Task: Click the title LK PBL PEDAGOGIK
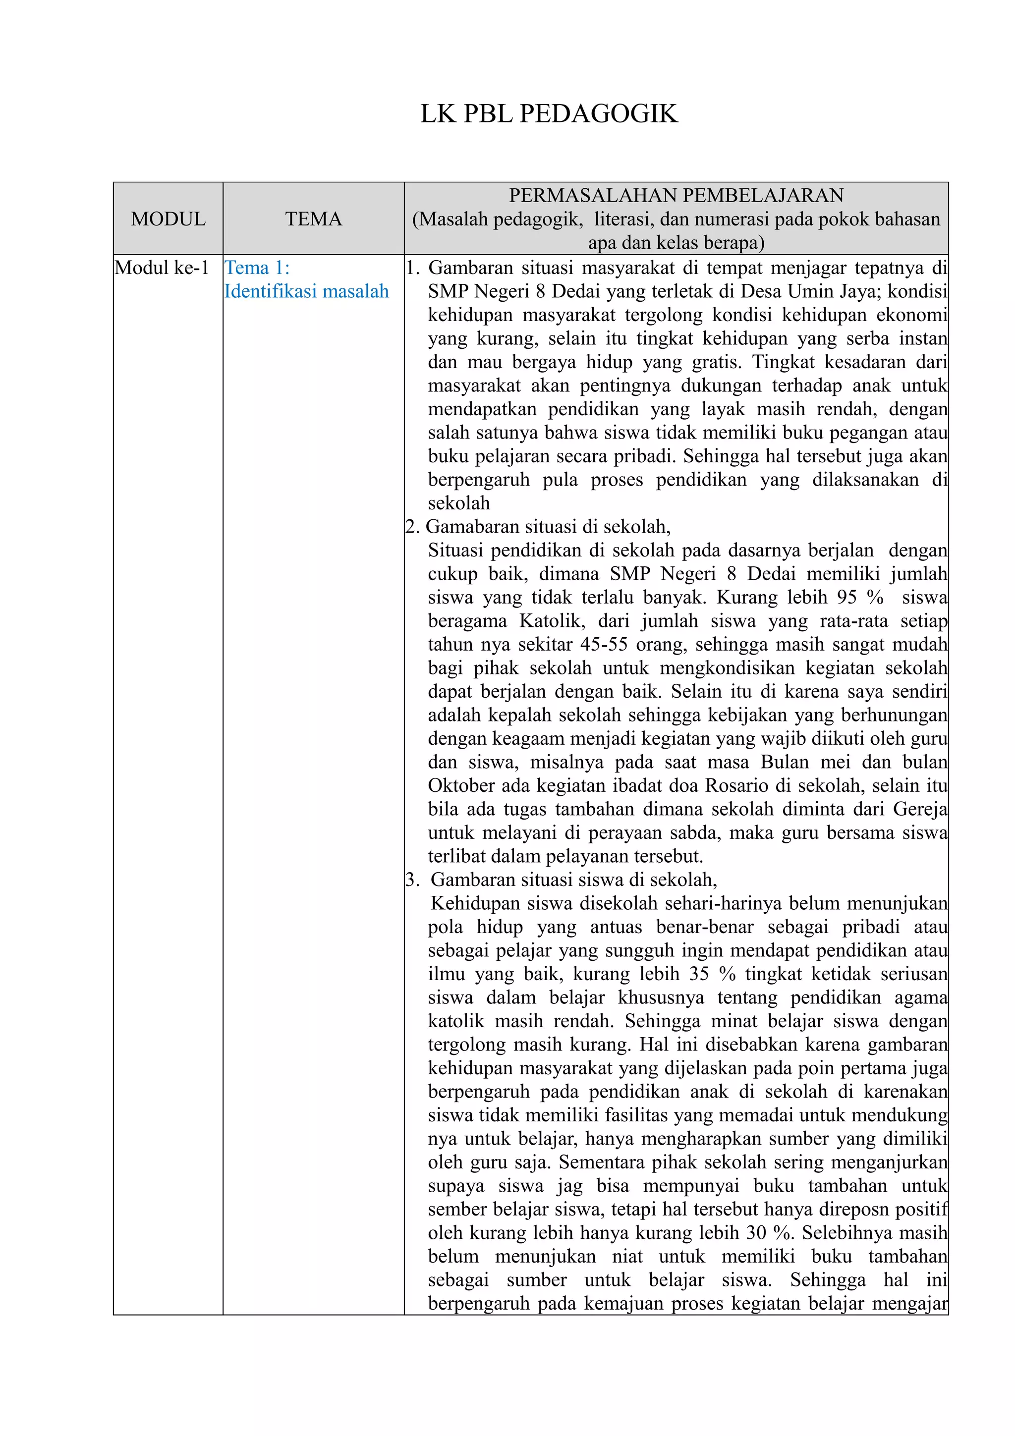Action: [x=549, y=114]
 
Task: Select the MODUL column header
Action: [x=168, y=219]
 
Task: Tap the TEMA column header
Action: [x=313, y=219]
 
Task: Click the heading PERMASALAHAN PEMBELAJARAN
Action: [x=676, y=196]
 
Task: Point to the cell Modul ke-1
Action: [x=162, y=268]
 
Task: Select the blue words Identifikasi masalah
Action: [x=306, y=291]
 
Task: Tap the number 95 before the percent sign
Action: [x=846, y=597]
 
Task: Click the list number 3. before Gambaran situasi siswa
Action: [x=413, y=880]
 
